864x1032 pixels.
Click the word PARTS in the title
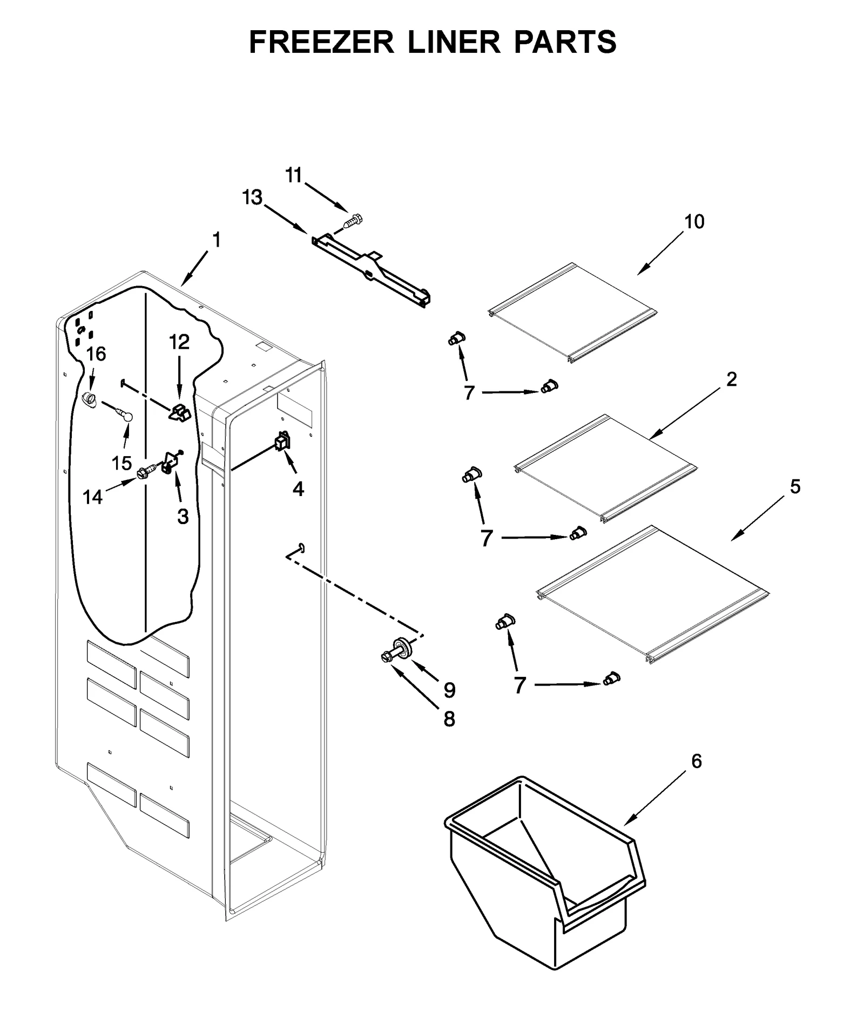tap(564, 42)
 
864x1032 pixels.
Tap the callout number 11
tap(294, 175)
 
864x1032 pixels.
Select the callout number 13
tap(252, 198)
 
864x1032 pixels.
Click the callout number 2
tap(731, 379)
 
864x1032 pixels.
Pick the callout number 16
tap(96, 354)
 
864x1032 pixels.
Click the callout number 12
tap(179, 342)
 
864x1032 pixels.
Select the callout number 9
tap(449, 689)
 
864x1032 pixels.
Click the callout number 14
tap(92, 497)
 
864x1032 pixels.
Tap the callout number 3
tap(183, 517)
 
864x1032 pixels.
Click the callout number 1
tap(217, 240)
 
